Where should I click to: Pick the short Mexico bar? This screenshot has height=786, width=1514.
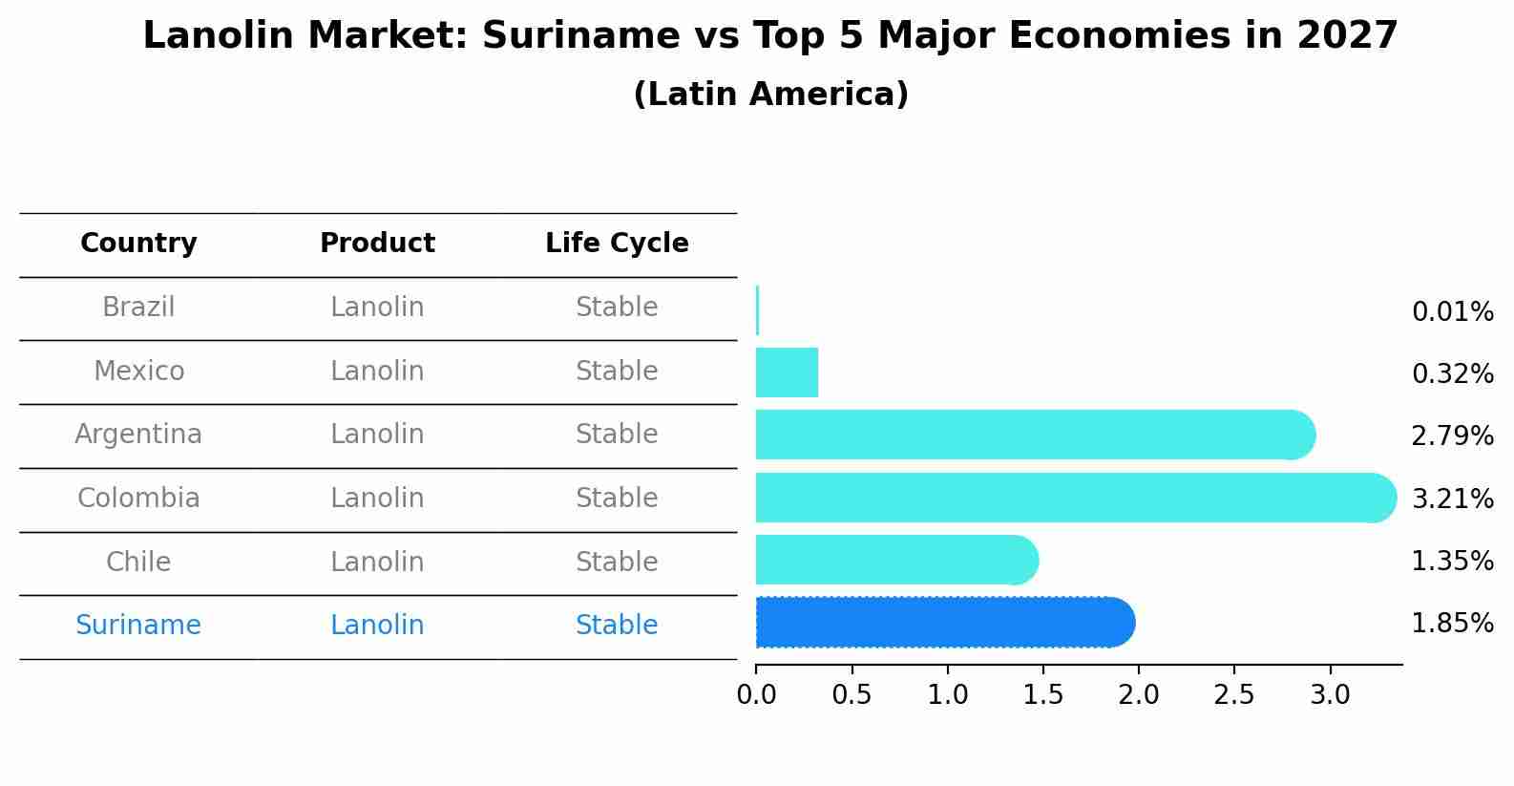[787, 372]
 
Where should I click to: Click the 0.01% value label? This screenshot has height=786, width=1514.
[1452, 312]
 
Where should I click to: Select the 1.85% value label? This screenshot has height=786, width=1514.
[1452, 624]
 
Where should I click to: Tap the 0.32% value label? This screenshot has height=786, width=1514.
[1452, 374]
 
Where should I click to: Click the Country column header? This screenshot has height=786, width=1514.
[138, 244]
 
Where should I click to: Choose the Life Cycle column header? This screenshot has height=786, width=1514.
[617, 244]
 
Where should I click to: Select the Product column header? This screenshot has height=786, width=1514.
[377, 244]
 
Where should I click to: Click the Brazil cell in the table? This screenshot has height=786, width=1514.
[138, 308]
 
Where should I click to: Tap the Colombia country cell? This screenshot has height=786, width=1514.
[138, 499]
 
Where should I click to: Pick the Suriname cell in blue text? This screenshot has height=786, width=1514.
[138, 626]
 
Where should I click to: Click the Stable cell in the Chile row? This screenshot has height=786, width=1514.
[617, 562]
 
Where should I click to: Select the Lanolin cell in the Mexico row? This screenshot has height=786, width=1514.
[377, 372]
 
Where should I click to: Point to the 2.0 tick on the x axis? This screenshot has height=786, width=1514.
[1139, 695]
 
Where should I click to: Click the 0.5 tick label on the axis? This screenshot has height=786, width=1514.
[852, 695]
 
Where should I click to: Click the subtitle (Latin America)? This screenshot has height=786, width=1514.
[770, 95]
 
